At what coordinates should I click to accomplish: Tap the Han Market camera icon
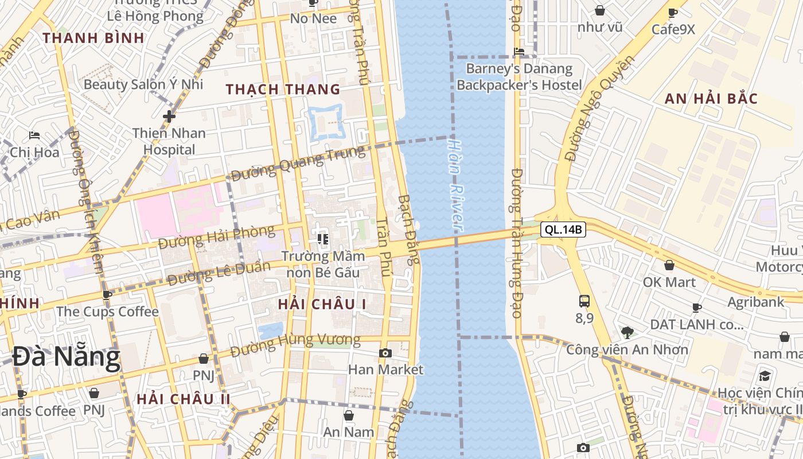click(385, 353)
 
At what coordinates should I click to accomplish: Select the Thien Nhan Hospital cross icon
click(169, 116)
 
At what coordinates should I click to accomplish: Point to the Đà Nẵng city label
click(67, 357)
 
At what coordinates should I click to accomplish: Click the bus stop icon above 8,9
click(584, 301)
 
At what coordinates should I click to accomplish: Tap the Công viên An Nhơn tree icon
click(627, 332)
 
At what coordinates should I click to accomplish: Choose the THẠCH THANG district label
click(283, 90)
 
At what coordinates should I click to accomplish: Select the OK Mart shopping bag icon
click(669, 265)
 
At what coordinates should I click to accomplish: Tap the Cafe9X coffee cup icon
click(673, 13)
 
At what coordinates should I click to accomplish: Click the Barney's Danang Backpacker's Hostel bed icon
click(519, 51)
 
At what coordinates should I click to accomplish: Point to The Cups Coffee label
click(107, 312)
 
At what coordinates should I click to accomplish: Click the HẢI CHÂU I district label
click(322, 304)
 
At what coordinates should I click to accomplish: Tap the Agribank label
click(755, 302)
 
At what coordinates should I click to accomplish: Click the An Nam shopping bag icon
click(348, 415)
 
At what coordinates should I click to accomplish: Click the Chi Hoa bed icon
click(34, 136)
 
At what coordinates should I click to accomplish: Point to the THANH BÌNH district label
click(93, 38)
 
